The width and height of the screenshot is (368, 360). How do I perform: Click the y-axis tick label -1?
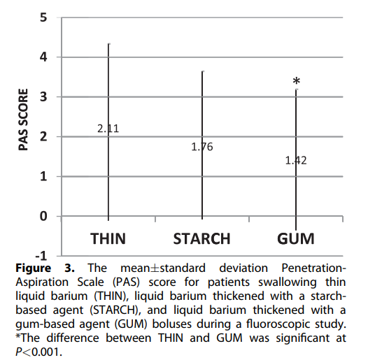[x=41, y=256]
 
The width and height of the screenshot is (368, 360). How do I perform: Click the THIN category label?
[x=108, y=238]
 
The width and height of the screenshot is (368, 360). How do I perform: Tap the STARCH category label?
[x=201, y=238]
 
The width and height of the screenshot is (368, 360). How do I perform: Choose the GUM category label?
[x=295, y=238]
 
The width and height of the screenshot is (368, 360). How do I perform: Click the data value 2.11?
[x=108, y=129]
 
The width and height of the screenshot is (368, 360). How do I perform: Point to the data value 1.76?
[x=201, y=147]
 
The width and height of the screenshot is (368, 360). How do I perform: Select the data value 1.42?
[x=295, y=160]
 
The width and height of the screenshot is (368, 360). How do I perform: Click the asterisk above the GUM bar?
[x=296, y=82]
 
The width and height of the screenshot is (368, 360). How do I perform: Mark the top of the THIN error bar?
[x=108, y=44]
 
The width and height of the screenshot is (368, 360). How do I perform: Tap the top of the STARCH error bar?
[x=202, y=71]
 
